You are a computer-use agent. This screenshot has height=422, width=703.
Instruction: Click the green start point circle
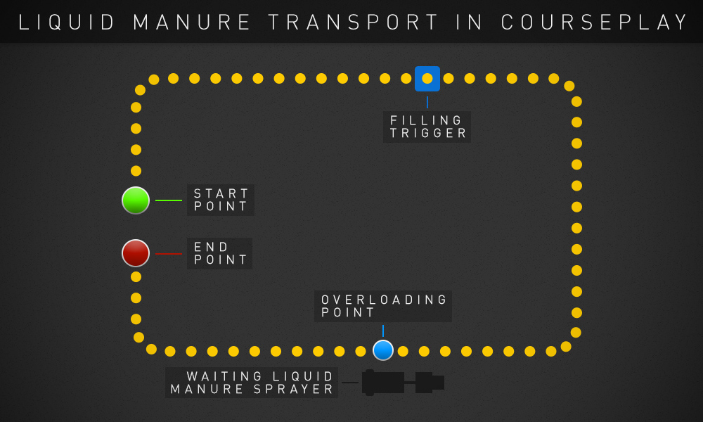136,200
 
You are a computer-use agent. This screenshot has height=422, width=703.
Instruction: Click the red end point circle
136,253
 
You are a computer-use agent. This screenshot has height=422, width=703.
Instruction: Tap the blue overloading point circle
383,350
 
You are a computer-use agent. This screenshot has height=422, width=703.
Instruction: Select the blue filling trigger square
427,79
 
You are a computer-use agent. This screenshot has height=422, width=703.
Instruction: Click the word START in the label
221,193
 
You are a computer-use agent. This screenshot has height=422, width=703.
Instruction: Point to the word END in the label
212,247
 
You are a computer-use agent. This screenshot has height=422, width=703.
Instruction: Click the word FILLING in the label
427,120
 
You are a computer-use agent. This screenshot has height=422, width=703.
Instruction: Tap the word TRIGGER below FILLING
427,133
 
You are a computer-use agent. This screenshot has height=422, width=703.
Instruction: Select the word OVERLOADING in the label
384,300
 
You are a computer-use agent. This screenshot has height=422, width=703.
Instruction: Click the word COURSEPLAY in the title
595,23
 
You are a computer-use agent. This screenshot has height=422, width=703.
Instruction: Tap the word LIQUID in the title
67,23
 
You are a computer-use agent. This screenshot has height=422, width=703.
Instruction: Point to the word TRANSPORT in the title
354,23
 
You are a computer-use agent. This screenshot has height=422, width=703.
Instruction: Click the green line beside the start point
169,200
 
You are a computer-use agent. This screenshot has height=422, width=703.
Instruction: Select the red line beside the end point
169,253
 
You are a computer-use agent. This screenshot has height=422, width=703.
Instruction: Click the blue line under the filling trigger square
427,102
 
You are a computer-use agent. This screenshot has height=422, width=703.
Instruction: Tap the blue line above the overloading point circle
383,331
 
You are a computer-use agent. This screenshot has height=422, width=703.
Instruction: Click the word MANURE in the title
191,23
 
